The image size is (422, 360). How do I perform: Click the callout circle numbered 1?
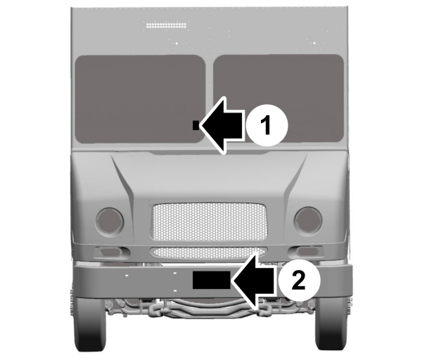point(266,126)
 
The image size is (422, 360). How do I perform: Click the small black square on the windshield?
point(196,125)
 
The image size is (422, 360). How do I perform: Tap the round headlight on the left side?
point(110,221)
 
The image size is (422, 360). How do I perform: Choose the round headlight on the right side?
point(307,220)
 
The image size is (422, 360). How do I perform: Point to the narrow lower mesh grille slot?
point(209,251)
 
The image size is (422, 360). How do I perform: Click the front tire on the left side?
point(91,330)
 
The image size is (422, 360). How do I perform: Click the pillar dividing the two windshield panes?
point(209,98)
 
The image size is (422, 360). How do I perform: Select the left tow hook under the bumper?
point(156,307)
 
